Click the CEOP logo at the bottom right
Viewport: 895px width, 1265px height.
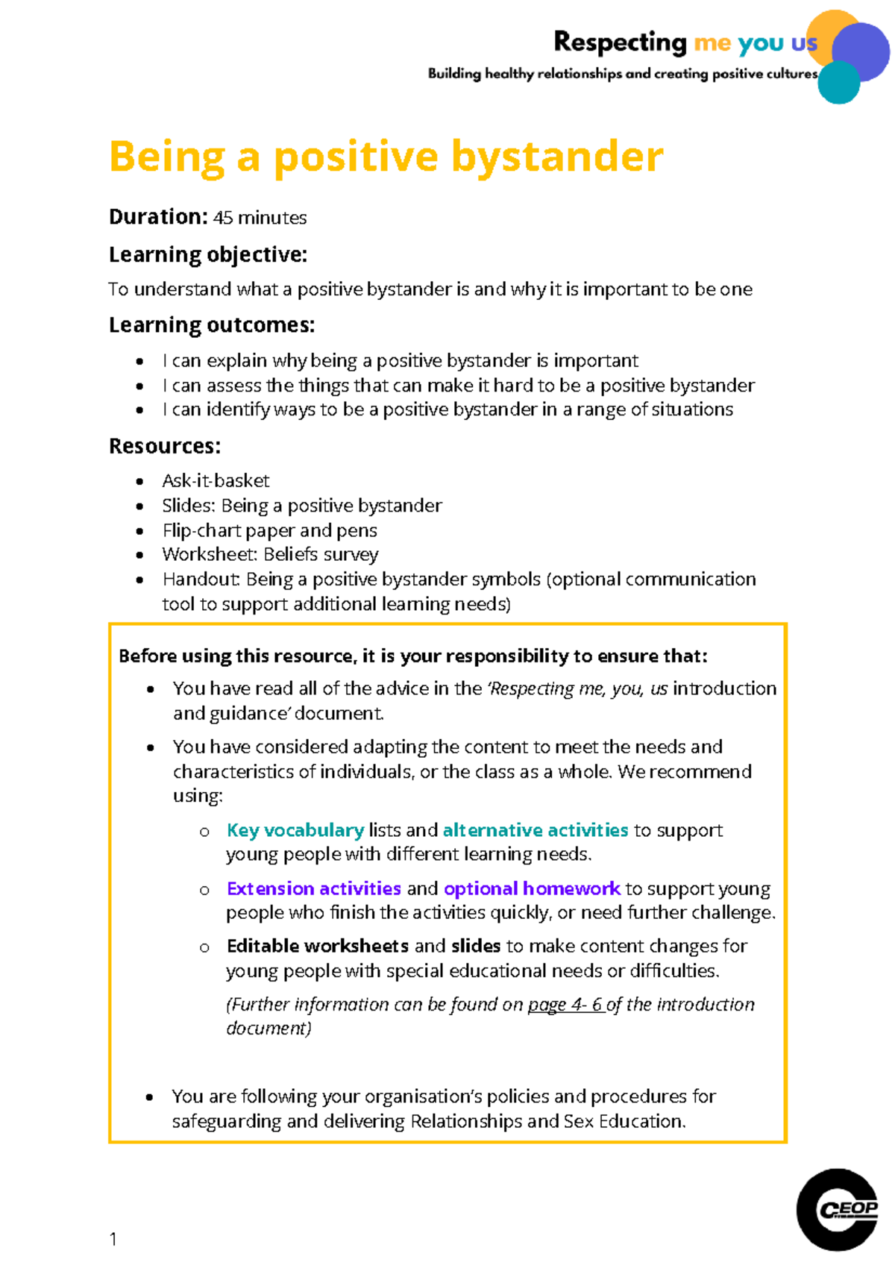coord(837,1209)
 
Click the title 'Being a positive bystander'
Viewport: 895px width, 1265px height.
coord(386,157)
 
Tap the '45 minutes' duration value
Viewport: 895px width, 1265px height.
coord(260,218)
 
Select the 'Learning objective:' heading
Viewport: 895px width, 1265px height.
coord(207,255)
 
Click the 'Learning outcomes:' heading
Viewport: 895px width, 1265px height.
coord(212,325)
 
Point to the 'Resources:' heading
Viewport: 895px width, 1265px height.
coord(165,446)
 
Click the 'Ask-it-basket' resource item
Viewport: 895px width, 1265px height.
coord(216,480)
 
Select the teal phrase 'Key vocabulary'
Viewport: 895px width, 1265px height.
coord(295,830)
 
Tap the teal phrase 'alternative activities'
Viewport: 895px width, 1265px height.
coord(535,830)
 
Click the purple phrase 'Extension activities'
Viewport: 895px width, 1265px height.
coord(313,888)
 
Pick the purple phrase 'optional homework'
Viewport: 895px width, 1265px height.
coord(532,888)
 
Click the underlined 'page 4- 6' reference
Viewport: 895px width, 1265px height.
coord(565,1005)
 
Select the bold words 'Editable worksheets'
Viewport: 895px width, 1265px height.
coord(317,946)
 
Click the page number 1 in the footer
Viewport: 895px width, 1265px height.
coord(113,1239)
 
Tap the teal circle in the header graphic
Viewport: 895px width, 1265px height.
coord(838,83)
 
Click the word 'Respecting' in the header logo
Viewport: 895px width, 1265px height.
coord(619,43)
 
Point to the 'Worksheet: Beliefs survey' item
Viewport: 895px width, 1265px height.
coord(270,554)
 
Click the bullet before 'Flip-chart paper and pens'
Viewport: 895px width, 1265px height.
coord(139,531)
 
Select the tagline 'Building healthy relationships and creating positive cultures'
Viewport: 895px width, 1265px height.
coord(622,74)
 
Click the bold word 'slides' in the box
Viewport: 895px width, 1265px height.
coord(475,946)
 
